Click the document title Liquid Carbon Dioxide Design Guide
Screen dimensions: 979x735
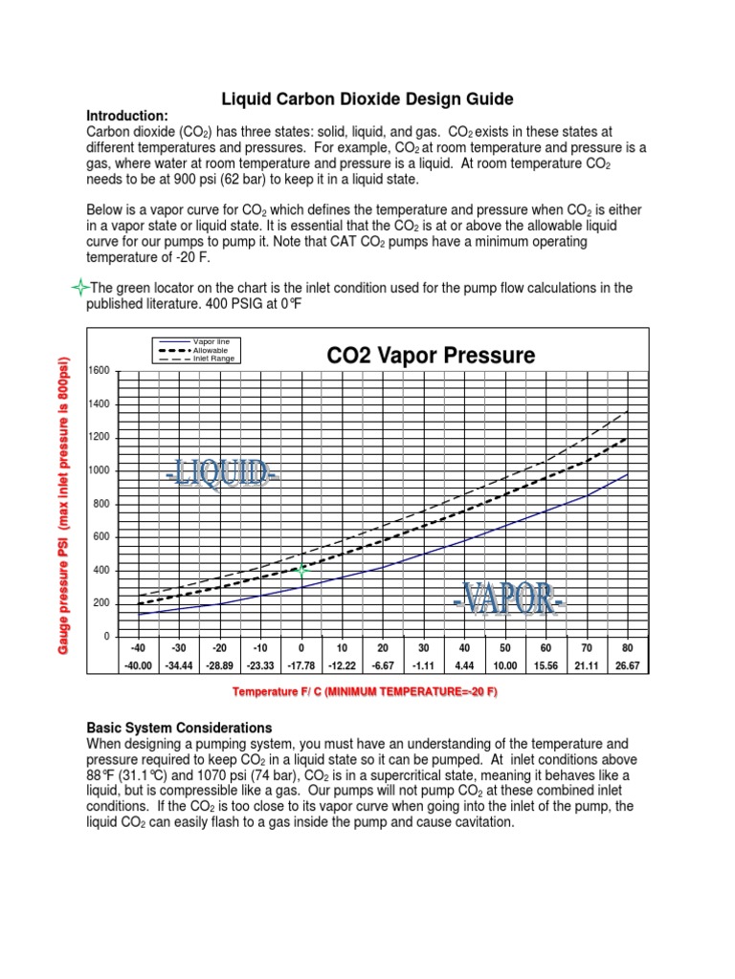[367, 98]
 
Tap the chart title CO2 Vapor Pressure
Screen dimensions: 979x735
[431, 356]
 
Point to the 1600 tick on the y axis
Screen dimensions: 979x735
[100, 370]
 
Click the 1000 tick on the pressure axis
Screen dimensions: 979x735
[100, 470]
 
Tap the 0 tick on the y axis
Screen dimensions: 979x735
[106, 637]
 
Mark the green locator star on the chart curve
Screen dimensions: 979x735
[301, 571]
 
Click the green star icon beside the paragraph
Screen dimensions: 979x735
[80, 288]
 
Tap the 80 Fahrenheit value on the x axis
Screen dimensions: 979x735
[627, 648]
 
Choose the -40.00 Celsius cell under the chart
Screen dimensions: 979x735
[140, 664]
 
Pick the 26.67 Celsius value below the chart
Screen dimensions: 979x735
[627, 664]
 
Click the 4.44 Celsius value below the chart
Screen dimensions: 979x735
[464, 664]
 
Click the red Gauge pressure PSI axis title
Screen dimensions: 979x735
[64, 502]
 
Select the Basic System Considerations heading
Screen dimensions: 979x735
[179, 728]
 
